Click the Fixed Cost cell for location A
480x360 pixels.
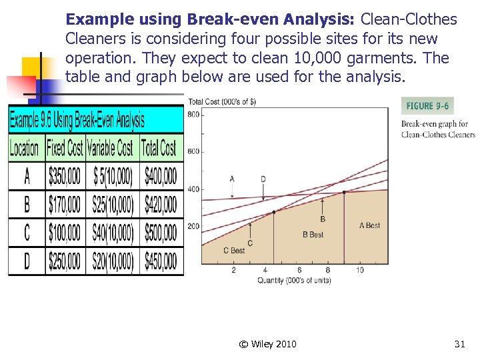click(65, 176)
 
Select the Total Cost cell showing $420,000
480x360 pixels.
click(160, 205)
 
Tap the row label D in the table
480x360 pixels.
click(26, 261)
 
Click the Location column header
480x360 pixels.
click(25, 147)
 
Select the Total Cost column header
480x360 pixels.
click(160, 147)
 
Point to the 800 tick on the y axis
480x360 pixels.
click(193, 115)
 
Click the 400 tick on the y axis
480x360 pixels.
click(193, 189)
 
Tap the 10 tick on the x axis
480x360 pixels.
click(360, 270)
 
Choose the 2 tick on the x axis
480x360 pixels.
click(233, 270)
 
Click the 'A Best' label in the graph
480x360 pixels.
click(369, 225)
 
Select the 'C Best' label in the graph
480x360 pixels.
click(234, 251)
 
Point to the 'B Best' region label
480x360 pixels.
click(313, 235)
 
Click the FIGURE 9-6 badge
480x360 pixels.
click(427, 106)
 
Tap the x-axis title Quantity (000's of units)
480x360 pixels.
click(294, 280)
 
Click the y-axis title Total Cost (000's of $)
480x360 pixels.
click(222, 101)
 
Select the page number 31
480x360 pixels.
click(459, 344)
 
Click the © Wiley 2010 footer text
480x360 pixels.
click(267, 344)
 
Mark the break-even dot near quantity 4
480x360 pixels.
click(273, 212)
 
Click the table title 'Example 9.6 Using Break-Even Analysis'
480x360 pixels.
click(77, 121)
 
